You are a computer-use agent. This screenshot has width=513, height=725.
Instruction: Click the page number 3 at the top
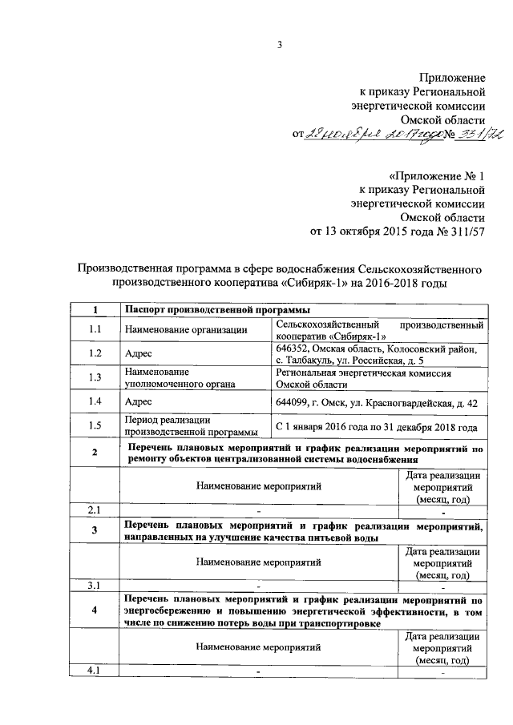tap(281, 45)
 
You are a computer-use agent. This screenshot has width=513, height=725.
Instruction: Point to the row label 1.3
tap(95, 377)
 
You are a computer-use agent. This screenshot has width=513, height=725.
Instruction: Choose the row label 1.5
tap(95, 426)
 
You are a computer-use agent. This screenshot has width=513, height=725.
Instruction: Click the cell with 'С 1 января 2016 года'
tap(376, 427)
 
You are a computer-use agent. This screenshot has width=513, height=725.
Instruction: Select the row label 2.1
tap(95, 510)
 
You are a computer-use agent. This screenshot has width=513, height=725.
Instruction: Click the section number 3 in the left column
tap(95, 530)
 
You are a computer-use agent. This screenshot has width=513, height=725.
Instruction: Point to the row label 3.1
tap(95, 586)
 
